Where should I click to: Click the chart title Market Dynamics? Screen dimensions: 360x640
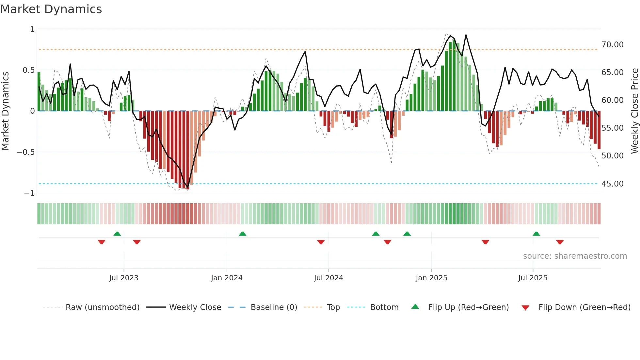click(51, 9)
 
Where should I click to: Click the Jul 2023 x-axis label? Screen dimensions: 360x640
click(124, 278)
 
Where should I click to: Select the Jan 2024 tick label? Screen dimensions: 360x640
click(227, 278)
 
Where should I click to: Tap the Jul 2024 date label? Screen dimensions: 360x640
click(328, 278)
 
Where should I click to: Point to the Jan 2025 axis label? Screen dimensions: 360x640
click(431, 278)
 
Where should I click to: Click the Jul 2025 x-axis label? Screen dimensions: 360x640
click(533, 278)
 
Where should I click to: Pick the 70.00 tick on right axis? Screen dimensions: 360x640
click(612, 45)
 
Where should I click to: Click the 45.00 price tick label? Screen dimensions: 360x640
click(612, 184)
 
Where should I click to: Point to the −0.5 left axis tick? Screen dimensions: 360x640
click(25, 152)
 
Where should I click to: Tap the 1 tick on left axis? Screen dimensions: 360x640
click(32, 29)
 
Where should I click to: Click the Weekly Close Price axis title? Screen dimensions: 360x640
click(634, 111)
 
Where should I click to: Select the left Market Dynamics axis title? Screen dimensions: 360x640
click(5, 111)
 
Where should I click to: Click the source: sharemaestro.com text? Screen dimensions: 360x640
click(575, 256)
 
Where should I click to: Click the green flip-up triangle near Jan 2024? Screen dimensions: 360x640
click(242, 234)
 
